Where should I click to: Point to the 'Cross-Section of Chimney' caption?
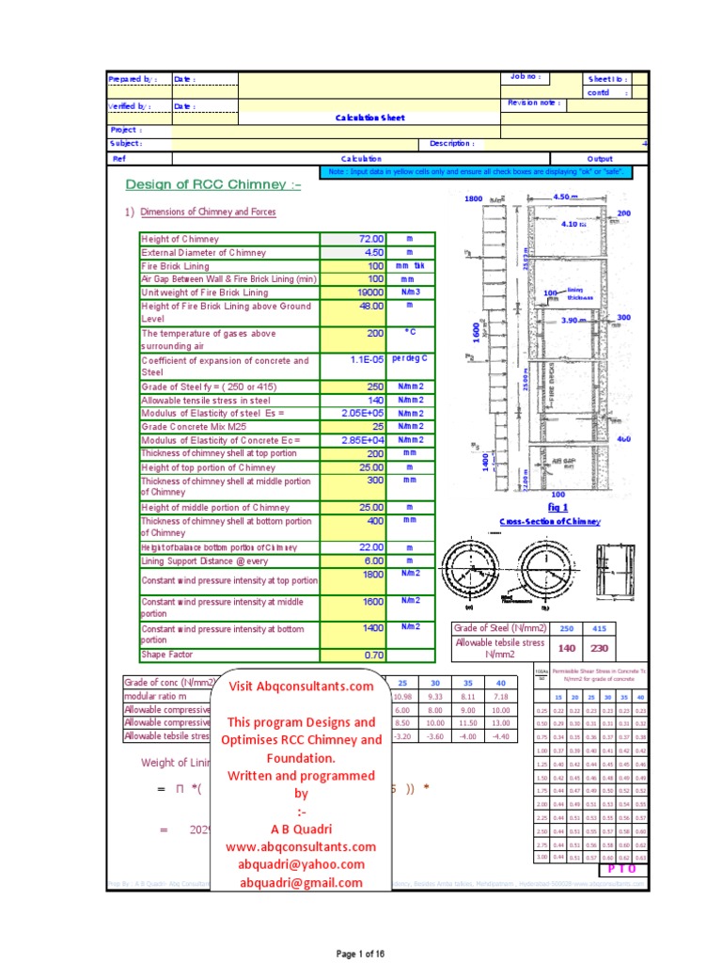[x=550, y=521]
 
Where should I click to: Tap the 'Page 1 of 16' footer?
[x=360, y=953]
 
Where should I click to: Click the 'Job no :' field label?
[x=522, y=77]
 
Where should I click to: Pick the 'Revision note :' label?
[x=533, y=103]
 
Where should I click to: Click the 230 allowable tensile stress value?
[x=599, y=648]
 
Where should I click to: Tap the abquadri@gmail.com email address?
[x=301, y=882]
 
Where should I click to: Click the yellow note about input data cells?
[x=475, y=172]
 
